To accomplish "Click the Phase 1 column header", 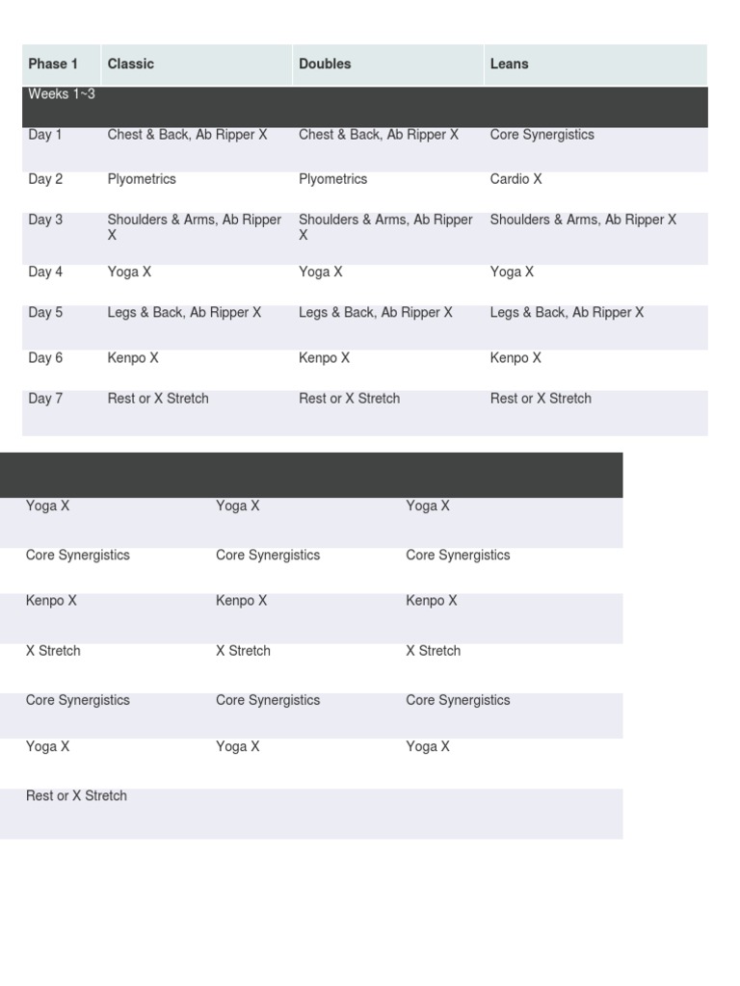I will tap(53, 65).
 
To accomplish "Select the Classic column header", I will tap(130, 65).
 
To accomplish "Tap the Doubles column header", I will tap(325, 65).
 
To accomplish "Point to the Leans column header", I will tap(509, 65).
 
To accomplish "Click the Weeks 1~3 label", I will tap(62, 94).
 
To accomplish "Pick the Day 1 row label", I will tap(45, 135).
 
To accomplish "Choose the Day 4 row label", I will tap(45, 272).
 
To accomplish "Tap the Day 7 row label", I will tap(45, 399).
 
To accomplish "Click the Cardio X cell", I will tap(515, 180).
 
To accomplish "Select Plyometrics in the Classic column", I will tap(142, 180).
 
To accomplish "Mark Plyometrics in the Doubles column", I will tap(333, 180).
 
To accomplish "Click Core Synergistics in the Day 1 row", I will tap(542, 135).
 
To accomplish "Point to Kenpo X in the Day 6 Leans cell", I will tap(515, 358).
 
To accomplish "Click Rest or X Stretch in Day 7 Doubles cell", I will tap(349, 399).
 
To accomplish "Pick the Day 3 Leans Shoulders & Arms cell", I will tap(583, 221).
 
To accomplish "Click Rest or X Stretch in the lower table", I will tap(76, 796).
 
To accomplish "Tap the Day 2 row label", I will tap(45, 180).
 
